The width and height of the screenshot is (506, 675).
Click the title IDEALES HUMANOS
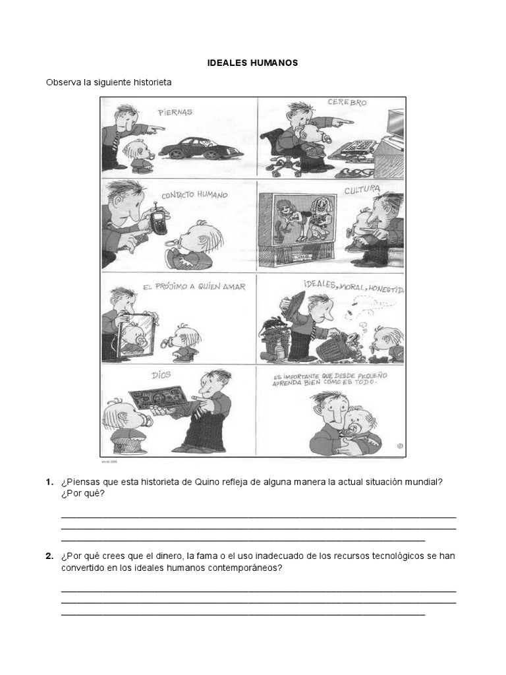click(253, 63)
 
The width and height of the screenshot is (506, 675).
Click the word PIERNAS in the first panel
click(175, 112)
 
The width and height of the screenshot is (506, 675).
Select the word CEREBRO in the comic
click(347, 103)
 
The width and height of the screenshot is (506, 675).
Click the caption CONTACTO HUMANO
click(195, 196)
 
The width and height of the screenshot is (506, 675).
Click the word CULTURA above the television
click(362, 190)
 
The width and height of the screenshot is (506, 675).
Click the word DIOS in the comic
click(161, 374)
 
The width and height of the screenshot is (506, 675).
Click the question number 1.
click(49, 483)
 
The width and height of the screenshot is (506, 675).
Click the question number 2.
click(49, 556)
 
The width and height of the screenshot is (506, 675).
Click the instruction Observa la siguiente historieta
click(108, 82)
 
